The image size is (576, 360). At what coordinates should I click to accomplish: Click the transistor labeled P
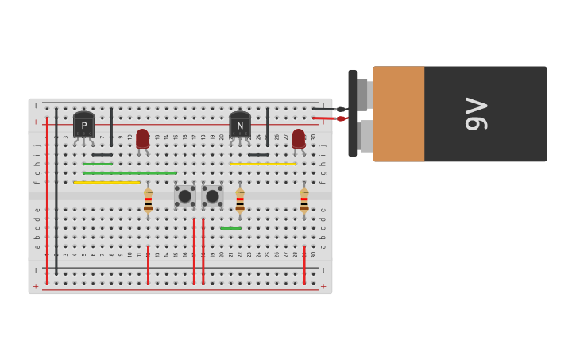pyautogui.click(x=83, y=126)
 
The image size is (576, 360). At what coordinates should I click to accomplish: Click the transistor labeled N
pyautogui.click(x=240, y=126)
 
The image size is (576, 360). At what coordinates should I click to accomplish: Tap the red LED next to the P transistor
pyautogui.click(x=142, y=139)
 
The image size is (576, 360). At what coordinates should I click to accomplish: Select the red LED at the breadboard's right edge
pyautogui.click(x=299, y=139)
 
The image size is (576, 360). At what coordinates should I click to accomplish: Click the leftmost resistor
pyautogui.click(x=148, y=200)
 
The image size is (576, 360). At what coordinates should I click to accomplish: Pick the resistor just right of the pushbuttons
pyautogui.click(x=240, y=200)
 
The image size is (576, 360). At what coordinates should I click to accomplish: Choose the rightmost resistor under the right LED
pyautogui.click(x=304, y=200)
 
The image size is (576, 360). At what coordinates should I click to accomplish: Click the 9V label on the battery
pyautogui.click(x=476, y=114)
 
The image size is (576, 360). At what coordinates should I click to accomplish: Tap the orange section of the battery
pyautogui.click(x=398, y=114)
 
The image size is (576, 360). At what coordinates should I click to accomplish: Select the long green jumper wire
pyautogui.click(x=130, y=173)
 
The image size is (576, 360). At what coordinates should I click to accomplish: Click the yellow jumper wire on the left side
pyautogui.click(x=106, y=182)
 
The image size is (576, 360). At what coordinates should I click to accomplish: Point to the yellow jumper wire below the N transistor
pyautogui.click(x=262, y=164)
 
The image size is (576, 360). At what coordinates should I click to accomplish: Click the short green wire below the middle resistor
pyautogui.click(x=231, y=228)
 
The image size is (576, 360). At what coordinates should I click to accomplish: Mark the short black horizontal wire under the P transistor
pyautogui.click(x=102, y=154)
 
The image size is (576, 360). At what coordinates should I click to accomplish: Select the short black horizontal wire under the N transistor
pyautogui.click(x=257, y=154)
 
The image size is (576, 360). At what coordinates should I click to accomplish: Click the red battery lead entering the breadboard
pyautogui.click(x=327, y=118)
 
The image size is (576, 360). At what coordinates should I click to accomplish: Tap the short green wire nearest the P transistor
pyautogui.click(x=97, y=164)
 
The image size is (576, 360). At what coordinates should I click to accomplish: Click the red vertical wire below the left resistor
pyautogui.click(x=148, y=264)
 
